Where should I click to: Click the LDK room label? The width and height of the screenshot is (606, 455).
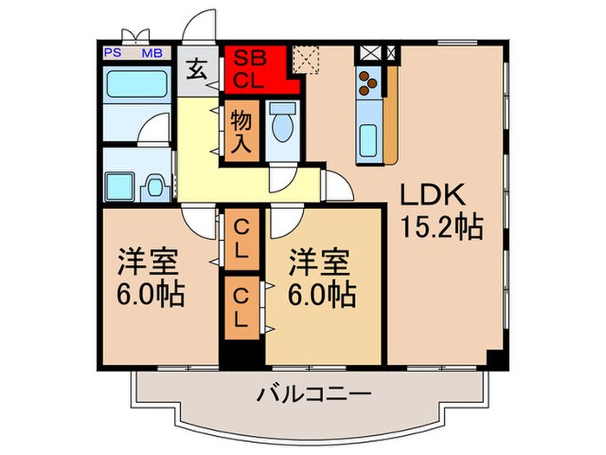click(433, 195)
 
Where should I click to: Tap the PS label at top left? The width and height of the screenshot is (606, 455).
click(112, 53)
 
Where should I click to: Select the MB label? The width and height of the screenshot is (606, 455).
click(151, 53)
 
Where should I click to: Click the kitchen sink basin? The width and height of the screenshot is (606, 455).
click(367, 137)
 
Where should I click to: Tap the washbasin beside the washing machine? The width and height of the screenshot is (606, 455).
click(156, 185)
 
